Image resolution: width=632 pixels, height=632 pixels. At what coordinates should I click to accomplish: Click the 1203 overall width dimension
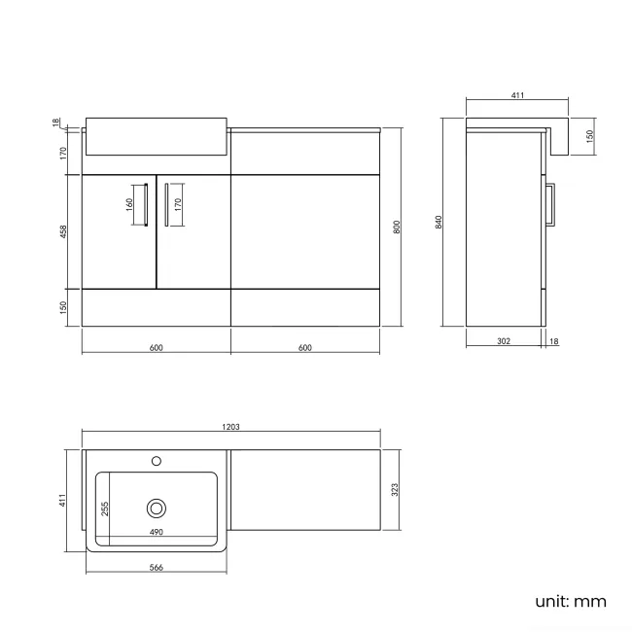230,426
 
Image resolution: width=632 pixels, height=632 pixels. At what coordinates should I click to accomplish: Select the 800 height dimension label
396,227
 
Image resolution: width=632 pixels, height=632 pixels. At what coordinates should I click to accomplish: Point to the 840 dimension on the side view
439,222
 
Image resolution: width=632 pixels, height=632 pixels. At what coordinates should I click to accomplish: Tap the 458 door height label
62,231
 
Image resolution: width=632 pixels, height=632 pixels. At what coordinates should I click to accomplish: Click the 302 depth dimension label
504,341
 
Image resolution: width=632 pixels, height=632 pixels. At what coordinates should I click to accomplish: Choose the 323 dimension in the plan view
394,491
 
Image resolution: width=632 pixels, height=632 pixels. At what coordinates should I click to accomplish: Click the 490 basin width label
156,532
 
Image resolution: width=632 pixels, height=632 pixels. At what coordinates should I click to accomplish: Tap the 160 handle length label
128,205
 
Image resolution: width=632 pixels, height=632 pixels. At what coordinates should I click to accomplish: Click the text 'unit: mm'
570,602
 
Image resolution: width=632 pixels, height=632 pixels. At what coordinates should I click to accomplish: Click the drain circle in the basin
156,507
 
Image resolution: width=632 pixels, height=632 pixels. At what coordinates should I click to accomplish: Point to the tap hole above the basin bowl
156,459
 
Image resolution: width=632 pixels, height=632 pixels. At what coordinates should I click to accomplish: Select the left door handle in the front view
145,204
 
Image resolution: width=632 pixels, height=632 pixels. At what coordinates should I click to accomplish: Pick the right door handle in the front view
166,204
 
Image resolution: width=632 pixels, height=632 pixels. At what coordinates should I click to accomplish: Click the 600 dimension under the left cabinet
156,348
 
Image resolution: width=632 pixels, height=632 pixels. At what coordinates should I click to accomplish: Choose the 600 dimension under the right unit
304,348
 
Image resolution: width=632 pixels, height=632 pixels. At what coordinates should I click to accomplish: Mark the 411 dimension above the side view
517,95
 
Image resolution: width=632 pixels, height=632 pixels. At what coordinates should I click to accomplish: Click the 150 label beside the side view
589,136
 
